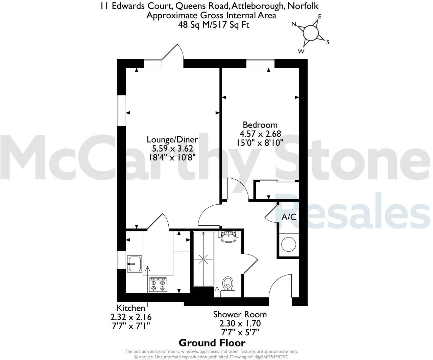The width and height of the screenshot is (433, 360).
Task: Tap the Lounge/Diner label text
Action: pos(172,139)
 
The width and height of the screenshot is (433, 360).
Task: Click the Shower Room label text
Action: pos(240,315)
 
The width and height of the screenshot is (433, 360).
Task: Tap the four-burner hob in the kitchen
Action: pos(158,284)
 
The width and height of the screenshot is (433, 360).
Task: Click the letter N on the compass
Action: pos(294,24)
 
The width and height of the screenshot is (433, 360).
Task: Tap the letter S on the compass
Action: pos(327,42)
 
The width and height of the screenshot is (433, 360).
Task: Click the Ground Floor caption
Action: pos(212,343)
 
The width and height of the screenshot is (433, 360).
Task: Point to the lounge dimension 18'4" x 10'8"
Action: pos(172,157)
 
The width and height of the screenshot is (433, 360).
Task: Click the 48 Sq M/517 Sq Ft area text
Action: pos(214,24)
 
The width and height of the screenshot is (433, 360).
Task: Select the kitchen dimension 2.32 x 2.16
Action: pos(131,317)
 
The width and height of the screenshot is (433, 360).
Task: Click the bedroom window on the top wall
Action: pos(260,63)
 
